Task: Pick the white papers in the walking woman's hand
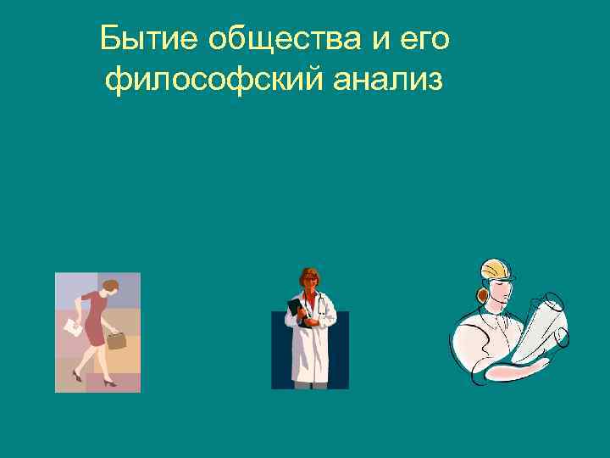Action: point(74,327)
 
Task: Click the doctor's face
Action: point(310,280)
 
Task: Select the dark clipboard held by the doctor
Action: point(296,311)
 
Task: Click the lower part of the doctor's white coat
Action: point(309,360)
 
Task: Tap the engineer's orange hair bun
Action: point(482,295)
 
